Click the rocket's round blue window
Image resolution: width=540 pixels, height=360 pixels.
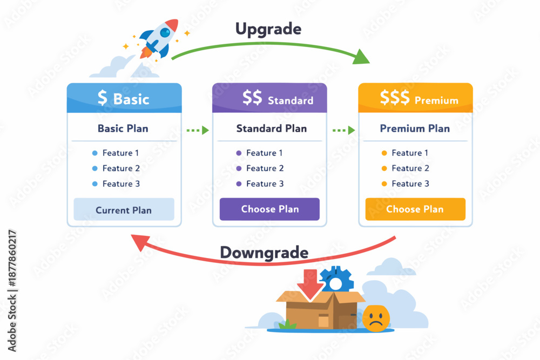(165, 32)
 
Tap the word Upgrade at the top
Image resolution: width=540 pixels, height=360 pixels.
(268, 29)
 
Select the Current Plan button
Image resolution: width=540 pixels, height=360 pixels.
(124, 209)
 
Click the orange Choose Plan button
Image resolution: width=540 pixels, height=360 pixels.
(415, 209)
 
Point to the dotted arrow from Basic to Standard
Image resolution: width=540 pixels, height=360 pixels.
(198, 130)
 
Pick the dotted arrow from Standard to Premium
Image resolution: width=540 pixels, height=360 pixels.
(343, 130)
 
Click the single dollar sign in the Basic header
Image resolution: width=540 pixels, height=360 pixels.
(102, 98)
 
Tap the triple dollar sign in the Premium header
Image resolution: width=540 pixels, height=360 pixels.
(395, 97)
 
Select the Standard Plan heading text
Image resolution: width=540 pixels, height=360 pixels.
(272, 128)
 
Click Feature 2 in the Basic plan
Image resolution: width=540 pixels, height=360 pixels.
(121, 168)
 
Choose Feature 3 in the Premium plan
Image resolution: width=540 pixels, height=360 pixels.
(410, 184)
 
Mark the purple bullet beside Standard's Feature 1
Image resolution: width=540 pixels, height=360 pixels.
(239, 153)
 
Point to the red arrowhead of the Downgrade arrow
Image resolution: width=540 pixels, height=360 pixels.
(140, 241)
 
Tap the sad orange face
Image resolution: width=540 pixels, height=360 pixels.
(376, 318)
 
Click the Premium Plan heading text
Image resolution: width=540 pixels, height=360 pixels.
(415, 128)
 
